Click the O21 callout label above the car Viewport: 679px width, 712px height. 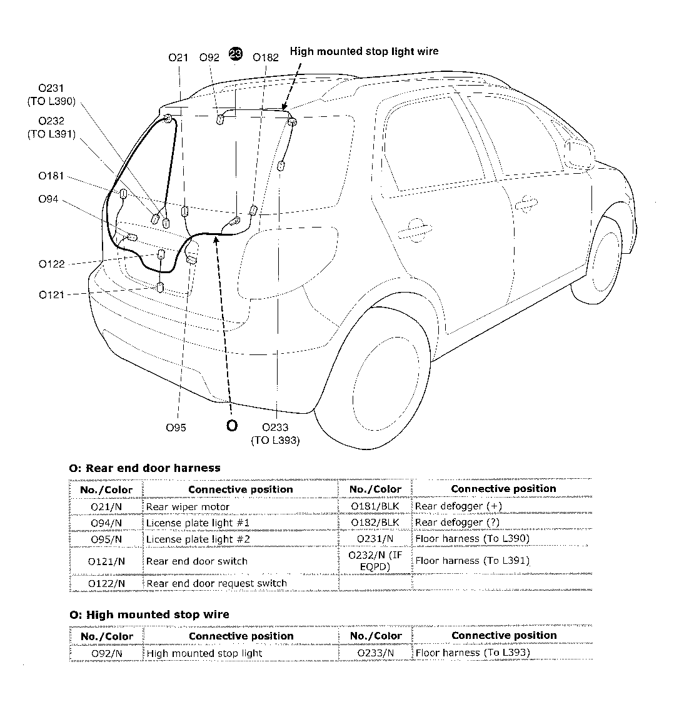(x=178, y=58)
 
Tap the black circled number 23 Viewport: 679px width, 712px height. (x=236, y=54)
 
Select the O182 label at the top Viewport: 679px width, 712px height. (x=266, y=58)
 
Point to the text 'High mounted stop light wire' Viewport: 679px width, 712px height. (x=364, y=51)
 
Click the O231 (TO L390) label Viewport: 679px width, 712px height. (x=51, y=95)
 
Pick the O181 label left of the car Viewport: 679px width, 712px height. (x=51, y=176)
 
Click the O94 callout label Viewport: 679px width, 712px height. (x=48, y=199)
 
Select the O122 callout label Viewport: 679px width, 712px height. (x=51, y=264)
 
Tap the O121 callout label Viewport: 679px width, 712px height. (x=51, y=294)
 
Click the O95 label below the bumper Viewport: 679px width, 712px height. (x=176, y=428)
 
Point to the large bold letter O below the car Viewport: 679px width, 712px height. (x=231, y=426)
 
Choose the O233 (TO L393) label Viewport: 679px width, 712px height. (x=275, y=434)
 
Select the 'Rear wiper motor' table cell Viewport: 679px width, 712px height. (x=188, y=506)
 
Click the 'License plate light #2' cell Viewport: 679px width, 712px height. (x=198, y=539)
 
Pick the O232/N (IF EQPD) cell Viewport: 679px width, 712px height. (x=375, y=561)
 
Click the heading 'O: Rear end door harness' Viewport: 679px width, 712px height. (x=144, y=468)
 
